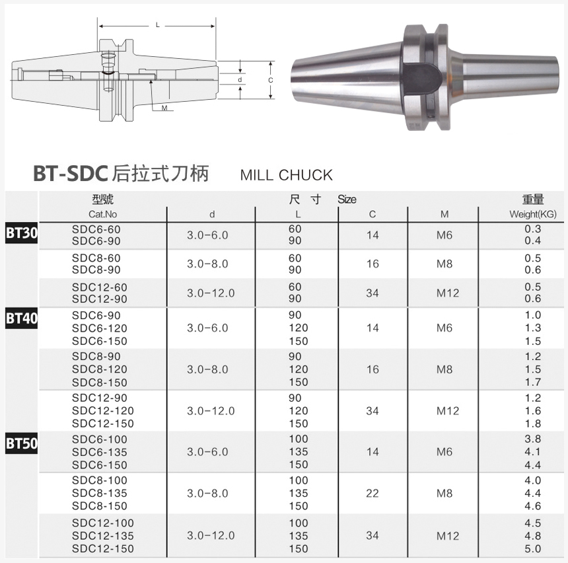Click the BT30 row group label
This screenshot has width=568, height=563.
[x=21, y=233]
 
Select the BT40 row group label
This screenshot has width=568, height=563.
[x=21, y=319]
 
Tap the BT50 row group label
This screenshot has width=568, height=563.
[x=21, y=443]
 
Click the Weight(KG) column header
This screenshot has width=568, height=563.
[x=532, y=214]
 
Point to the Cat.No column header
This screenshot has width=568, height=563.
[x=103, y=214]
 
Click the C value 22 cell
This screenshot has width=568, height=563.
[x=373, y=493]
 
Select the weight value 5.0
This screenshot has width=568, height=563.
[x=532, y=548]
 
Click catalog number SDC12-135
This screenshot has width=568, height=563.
[x=103, y=536]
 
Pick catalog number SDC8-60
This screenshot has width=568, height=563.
[x=96, y=258]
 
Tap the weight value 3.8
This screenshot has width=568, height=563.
[x=532, y=439]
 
